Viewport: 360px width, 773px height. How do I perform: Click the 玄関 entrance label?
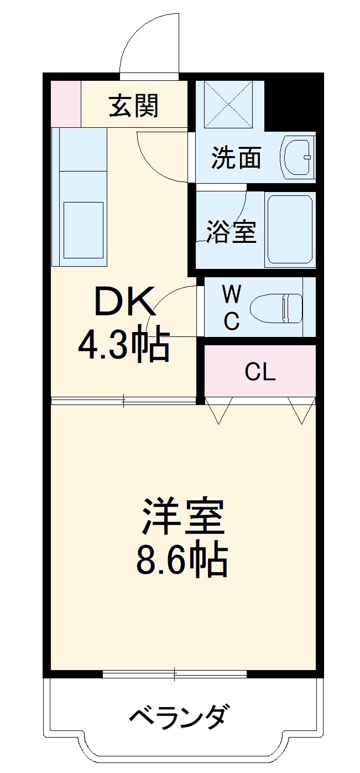click(134, 106)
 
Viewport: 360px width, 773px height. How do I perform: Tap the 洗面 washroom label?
click(236, 158)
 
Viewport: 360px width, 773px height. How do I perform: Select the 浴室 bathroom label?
click(232, 232)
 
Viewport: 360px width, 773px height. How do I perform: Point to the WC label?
click(232, 308)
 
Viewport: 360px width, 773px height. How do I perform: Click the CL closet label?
click(260, 372)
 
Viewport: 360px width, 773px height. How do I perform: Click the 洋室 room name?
click(183, 515)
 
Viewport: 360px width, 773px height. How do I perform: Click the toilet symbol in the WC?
click(276, 307)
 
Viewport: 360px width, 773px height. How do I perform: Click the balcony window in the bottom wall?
click(174, 673)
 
